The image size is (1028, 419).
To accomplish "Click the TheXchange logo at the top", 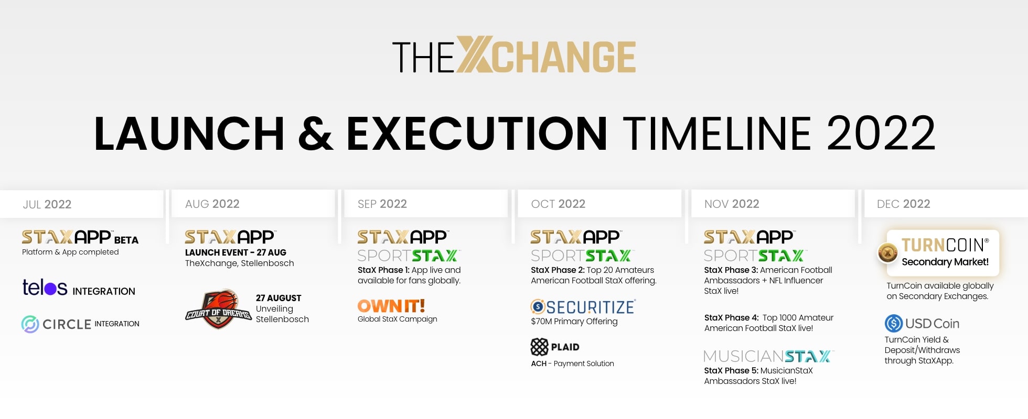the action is [514, 55].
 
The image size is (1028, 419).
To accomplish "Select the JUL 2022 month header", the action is [47, 204].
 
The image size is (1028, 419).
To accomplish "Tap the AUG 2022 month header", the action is [212, 204].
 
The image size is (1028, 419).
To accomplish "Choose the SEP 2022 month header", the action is [382, 204].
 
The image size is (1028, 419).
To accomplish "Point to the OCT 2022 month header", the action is [558, 204].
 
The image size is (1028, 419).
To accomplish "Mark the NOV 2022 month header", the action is [732, 204].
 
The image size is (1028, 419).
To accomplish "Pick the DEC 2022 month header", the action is [904, 204].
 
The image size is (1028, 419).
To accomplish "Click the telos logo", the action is [45, 287].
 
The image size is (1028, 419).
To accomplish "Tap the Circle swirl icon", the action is [30, 324].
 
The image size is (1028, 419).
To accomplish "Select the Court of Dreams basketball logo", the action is [219, 309].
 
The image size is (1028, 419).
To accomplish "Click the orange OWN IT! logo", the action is [391, 305].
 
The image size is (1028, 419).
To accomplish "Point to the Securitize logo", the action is [583, 306].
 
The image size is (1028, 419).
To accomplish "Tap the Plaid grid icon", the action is [539, 347].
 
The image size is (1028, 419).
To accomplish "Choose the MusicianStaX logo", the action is [768, 356].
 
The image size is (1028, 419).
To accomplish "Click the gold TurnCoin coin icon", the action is [888, 253].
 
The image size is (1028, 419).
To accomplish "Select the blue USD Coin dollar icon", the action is [894, 323].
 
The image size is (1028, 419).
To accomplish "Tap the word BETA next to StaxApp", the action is [126, 240].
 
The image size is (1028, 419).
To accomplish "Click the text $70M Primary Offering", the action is [574, 321].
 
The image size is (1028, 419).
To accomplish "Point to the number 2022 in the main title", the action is [881, 133].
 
